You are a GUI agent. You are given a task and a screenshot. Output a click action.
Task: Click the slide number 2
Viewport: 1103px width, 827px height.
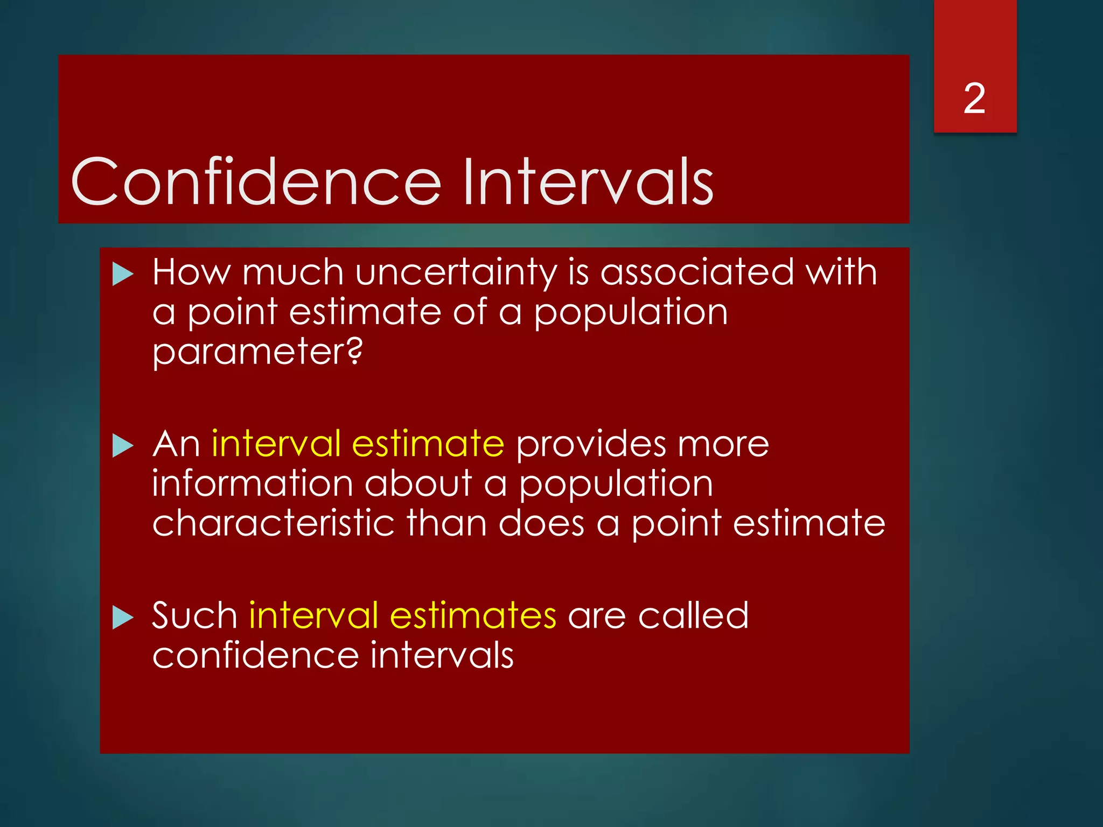coord(974,99)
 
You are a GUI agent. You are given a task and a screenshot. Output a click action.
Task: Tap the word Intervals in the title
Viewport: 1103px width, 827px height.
coord(588,181)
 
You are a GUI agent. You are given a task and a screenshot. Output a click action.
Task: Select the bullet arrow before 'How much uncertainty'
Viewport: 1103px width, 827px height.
coord(123,275)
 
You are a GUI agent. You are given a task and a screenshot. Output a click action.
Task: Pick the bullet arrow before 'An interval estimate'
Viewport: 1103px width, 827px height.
coord(123,446)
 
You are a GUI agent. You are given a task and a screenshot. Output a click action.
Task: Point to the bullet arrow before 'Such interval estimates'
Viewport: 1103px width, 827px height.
coord(123,617)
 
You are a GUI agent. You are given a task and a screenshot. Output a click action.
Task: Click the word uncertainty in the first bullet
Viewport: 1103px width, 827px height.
coord(456,273)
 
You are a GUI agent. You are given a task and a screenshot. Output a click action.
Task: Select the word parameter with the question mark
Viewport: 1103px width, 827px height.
coord(257,353)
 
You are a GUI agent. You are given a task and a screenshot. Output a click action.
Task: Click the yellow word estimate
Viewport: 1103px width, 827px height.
coord(428,444)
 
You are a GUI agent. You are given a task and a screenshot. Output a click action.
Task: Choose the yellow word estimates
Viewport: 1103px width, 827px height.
coord(473,615)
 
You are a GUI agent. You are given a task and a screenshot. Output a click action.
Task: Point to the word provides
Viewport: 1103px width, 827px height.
coord(591,444)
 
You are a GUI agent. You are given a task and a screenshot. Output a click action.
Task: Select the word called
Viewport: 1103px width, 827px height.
coord(693,615)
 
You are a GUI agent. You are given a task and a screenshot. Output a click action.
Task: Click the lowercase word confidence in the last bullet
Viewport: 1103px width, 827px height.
coord(255,655)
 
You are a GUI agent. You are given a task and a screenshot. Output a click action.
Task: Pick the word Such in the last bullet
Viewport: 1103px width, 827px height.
coord(194,615)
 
